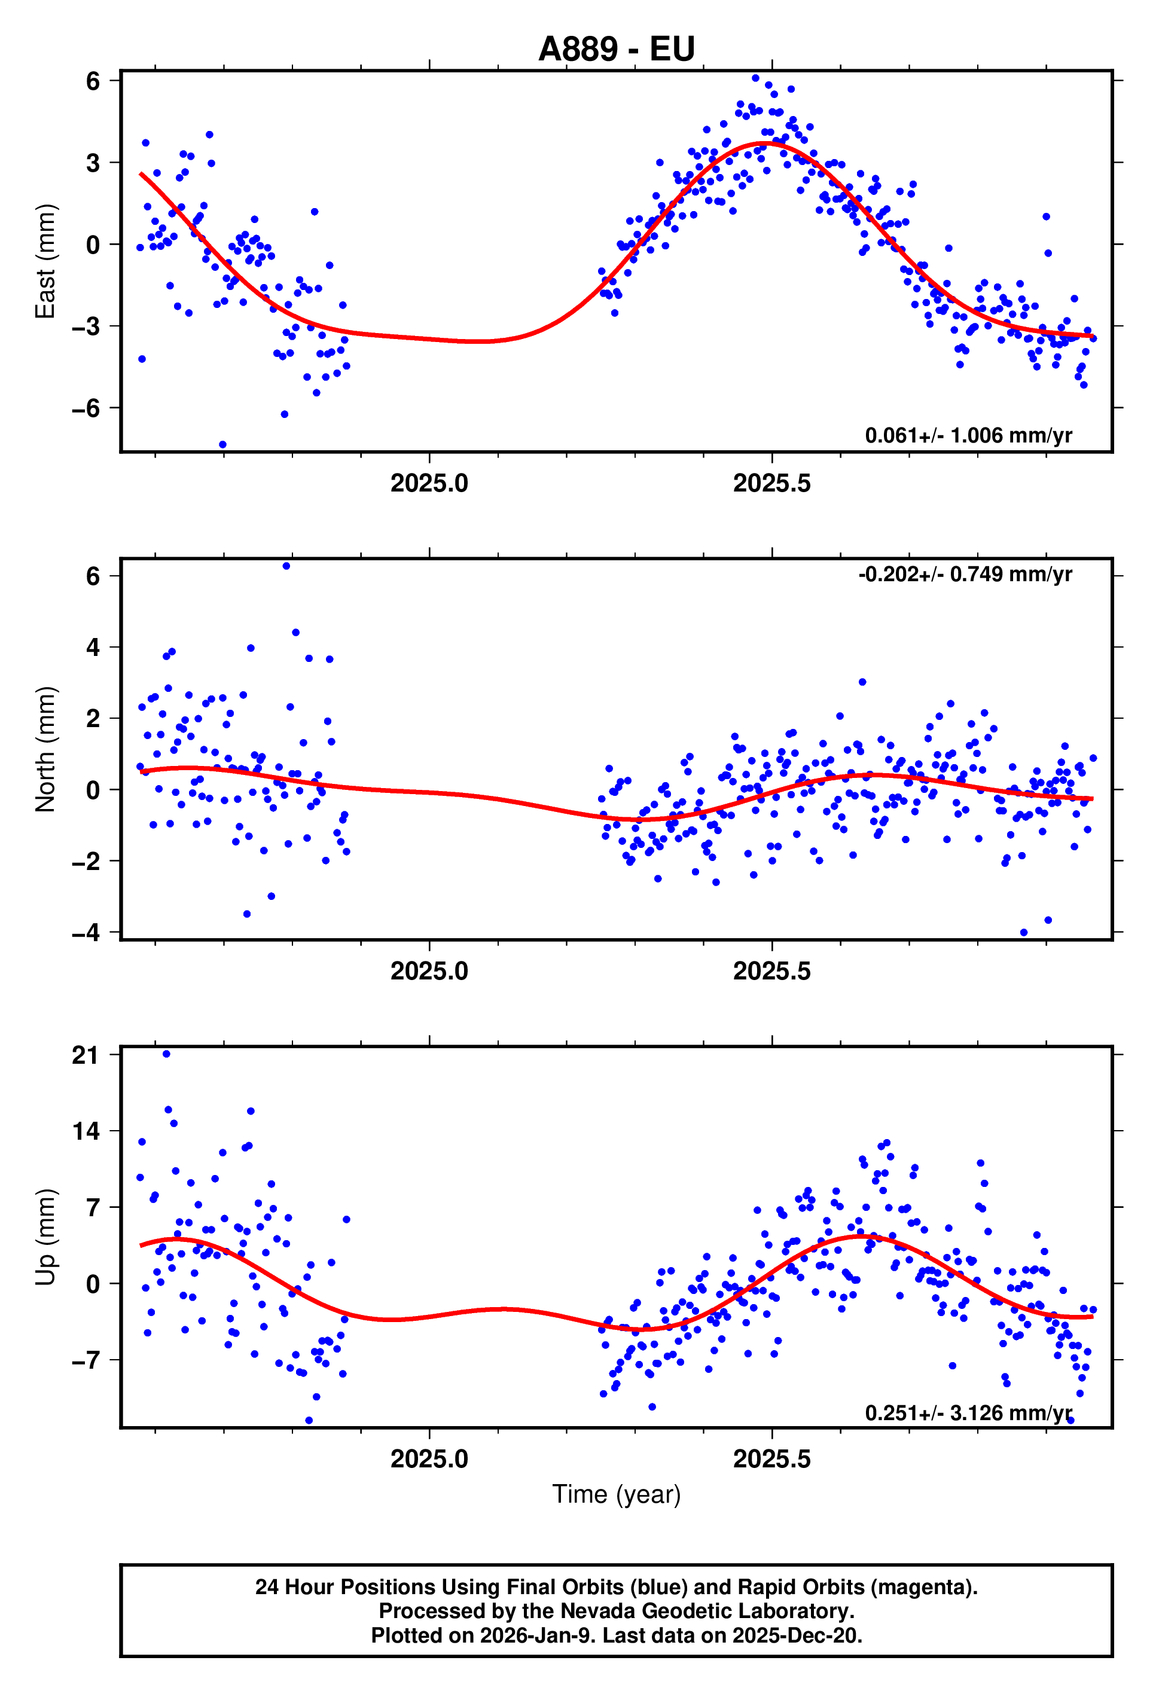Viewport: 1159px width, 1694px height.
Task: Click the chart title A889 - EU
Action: click(x=616, y=49)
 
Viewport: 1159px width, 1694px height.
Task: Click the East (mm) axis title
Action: click(x=45, y=261)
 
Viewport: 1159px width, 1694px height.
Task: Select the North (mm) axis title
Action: click(x=45, y=749)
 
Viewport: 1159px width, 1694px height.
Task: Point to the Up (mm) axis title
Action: click(x=45, y=1237)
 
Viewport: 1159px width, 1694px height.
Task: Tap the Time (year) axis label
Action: click(x=616, y=1494)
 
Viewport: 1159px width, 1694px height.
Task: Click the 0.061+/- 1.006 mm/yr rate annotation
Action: click(x=968, y=435)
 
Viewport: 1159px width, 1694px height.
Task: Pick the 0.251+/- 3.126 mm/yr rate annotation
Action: click(x=968, y=1412)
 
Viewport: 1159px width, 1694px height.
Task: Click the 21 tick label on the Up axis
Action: click(x=86, y=1055)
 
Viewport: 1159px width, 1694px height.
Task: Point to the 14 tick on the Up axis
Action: click(x=86, y=1131)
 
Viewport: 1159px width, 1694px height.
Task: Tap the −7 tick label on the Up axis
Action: click(x=86, y=1360)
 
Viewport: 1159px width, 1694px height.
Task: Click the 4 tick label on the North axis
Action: click(x=93, y=646)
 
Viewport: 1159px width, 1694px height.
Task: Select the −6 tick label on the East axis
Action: click(x=86, y=408)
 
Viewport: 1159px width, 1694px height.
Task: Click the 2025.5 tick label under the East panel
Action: click(x=771, y=483)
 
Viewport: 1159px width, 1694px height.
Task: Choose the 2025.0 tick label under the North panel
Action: click(x=429, y=971)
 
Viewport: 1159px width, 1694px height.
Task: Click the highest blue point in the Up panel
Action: click(x=166, y=1053)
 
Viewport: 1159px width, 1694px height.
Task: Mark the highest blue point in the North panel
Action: click(x=286, y=566)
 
